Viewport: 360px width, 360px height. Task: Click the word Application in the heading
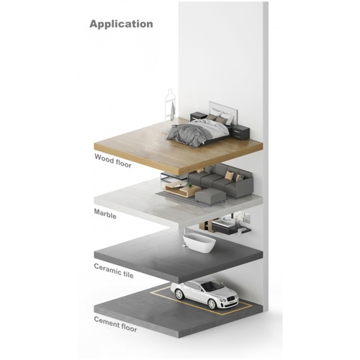(x=121, y=24)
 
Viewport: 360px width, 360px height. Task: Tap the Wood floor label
(x=113, y=161)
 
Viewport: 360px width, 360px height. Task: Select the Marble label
(x=105, y=214)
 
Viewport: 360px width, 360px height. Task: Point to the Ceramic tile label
(x=114, y=271)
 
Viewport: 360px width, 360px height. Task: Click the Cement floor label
(x=115, y=324)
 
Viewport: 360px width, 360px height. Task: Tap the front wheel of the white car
(x=212, y=304)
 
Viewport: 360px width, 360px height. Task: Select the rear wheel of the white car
(x=179, y=294)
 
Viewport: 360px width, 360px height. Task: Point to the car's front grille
(x=231, y=299)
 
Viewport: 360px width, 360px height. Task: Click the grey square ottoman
(x=210, y=197)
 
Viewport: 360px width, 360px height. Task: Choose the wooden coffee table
(x=182, y=189)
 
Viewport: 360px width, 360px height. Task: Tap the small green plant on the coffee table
(x=189, y=184)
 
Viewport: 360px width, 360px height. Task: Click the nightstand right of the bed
(x=241, y=133)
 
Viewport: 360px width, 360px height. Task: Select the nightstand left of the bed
(x=198, y=117)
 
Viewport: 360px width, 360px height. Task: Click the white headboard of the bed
(x=223, y=110)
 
